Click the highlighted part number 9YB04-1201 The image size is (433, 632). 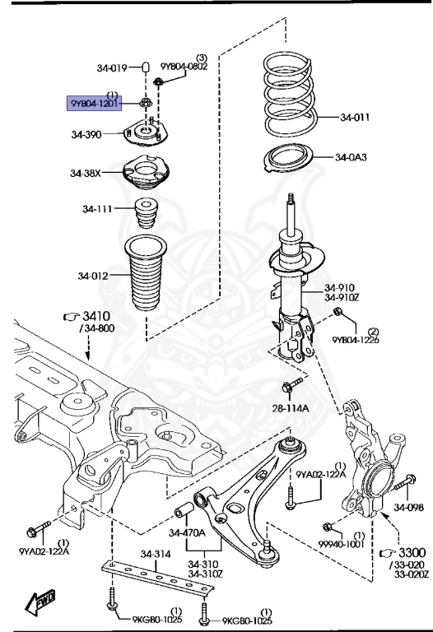click(95, 104)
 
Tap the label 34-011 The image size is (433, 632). click(355, 118)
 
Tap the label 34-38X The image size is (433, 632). click(86, 173)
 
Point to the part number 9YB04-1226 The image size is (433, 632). click(356, 339)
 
